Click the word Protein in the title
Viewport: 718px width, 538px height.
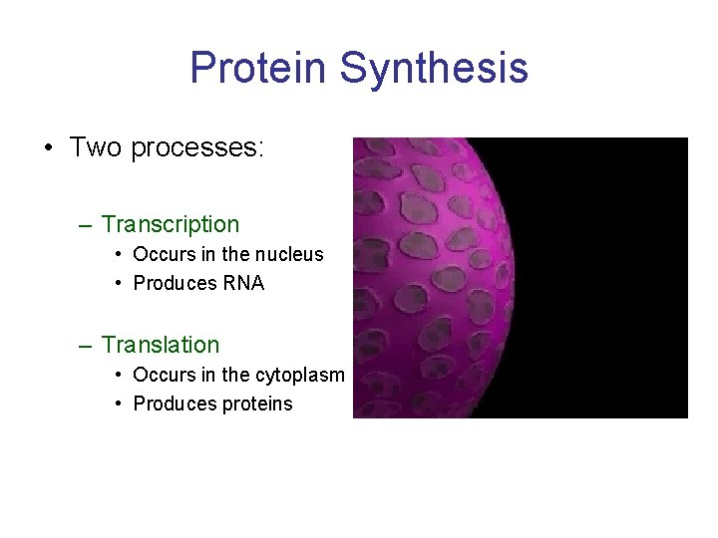(258, 68)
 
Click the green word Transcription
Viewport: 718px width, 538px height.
(171, 225)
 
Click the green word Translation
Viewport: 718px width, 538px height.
(161, 345)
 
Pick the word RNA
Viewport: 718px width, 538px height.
(243, 283)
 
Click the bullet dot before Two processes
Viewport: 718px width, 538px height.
(48, 149)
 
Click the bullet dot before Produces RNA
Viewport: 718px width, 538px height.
(119, 284)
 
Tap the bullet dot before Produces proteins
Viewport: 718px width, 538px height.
(119, 404)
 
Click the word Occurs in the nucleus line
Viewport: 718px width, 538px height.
(162, 254)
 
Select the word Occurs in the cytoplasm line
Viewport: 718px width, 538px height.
(162, 375)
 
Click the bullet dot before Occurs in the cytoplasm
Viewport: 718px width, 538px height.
(119, 376)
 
